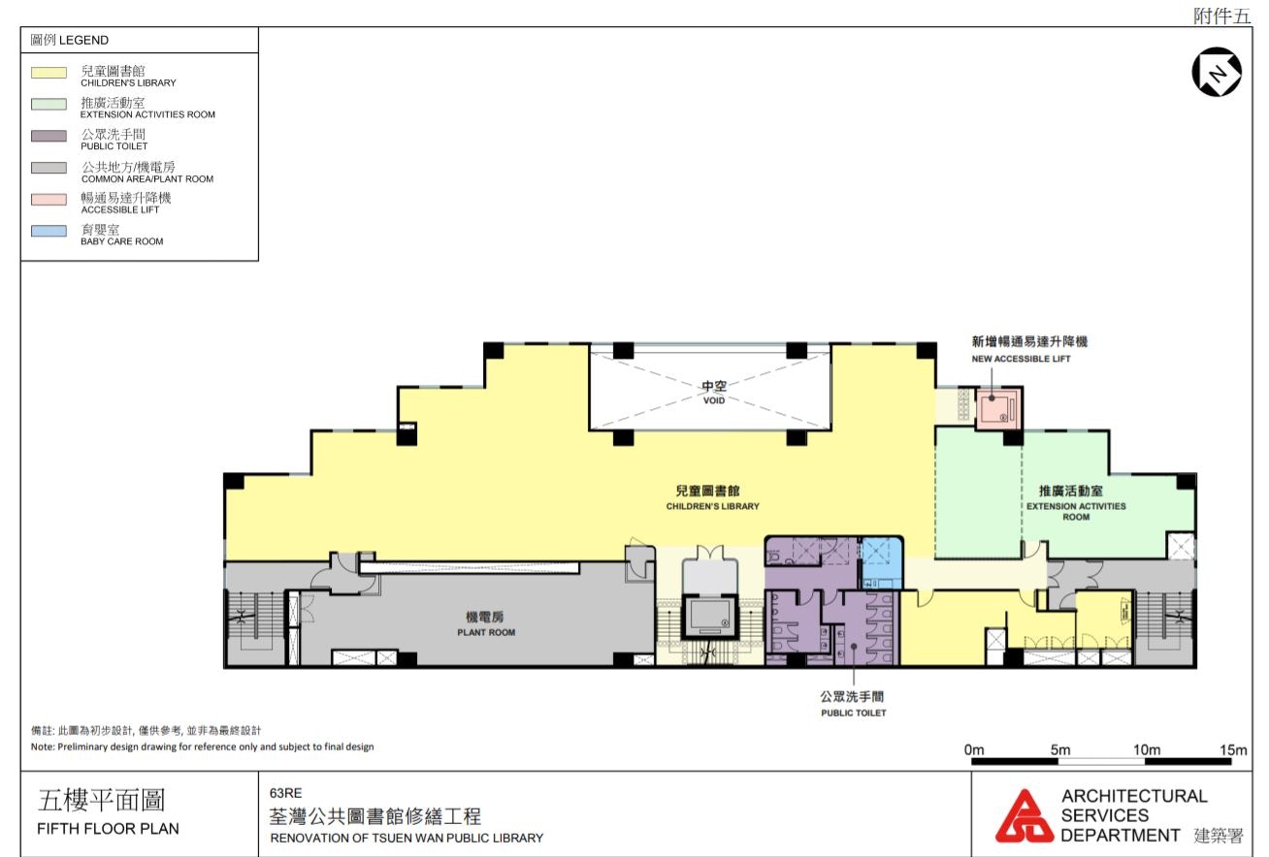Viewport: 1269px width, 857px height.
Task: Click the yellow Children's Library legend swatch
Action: coord(49,73)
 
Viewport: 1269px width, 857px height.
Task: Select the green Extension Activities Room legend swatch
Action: coord(49,104)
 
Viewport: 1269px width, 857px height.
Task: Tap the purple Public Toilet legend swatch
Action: coord(49,136)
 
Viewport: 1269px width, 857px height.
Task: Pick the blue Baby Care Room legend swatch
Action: coord(49,231)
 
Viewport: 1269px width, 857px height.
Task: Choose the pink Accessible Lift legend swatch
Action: coord(49,200)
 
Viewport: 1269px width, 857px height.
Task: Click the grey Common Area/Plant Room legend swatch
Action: coord(49,168)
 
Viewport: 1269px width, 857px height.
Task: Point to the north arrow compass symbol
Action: coord(1217,72)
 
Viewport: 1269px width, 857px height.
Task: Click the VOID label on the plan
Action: coord(714,400)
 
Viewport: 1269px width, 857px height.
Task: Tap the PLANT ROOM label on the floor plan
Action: coord(486,632)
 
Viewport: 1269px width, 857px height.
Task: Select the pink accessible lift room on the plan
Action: coord(997,407)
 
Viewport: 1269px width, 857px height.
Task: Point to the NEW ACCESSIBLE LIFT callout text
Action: coord(1021,359)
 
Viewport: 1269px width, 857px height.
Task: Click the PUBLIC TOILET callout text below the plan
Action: coord(853,714)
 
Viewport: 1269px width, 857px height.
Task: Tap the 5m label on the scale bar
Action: coord(1060,750)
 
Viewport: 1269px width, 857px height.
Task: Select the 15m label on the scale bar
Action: coord(1233,750)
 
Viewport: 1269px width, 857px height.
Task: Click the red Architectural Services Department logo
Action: coord(1025,815)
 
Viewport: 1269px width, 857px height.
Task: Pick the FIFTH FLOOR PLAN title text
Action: coord(108,829)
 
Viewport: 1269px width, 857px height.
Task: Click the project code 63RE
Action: coord(285,793)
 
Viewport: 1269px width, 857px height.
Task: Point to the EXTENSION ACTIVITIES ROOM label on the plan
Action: coord(1076,511)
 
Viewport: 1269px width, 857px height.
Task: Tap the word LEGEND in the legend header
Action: coord(83,40)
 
